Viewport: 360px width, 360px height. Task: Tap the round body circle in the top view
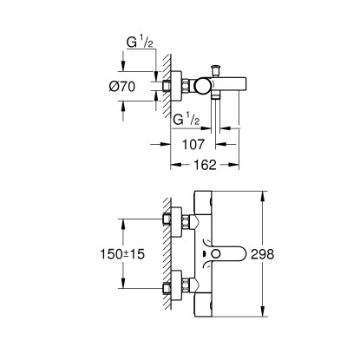202,87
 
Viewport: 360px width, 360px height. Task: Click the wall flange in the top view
180,87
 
